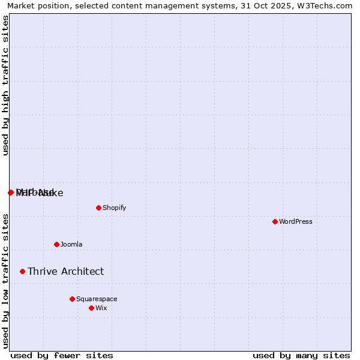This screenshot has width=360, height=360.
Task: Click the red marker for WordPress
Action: point(275,221)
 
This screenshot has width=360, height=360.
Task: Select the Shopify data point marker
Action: point(98,208)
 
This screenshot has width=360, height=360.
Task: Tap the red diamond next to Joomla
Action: point(56,244)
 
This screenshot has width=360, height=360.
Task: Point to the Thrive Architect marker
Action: point(22,271)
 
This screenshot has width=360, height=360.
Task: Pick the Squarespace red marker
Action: point(72,299)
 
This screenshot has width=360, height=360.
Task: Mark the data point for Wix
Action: point(91,308)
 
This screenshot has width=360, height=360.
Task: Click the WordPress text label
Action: point(296,221)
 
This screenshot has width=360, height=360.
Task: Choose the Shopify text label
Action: point(115,208)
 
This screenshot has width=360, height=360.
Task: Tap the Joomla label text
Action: point(71,244)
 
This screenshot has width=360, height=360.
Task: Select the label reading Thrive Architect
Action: point(65,271)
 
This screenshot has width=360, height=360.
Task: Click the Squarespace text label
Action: point(97,299)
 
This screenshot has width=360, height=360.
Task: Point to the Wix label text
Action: point(101,308)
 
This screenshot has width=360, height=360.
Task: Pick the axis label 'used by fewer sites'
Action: point(62,355)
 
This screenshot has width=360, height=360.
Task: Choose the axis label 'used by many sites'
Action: point(301,355)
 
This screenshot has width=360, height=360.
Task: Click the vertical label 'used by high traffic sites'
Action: point(6,85)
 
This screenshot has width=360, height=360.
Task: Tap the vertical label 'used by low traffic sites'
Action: point(6,281)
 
